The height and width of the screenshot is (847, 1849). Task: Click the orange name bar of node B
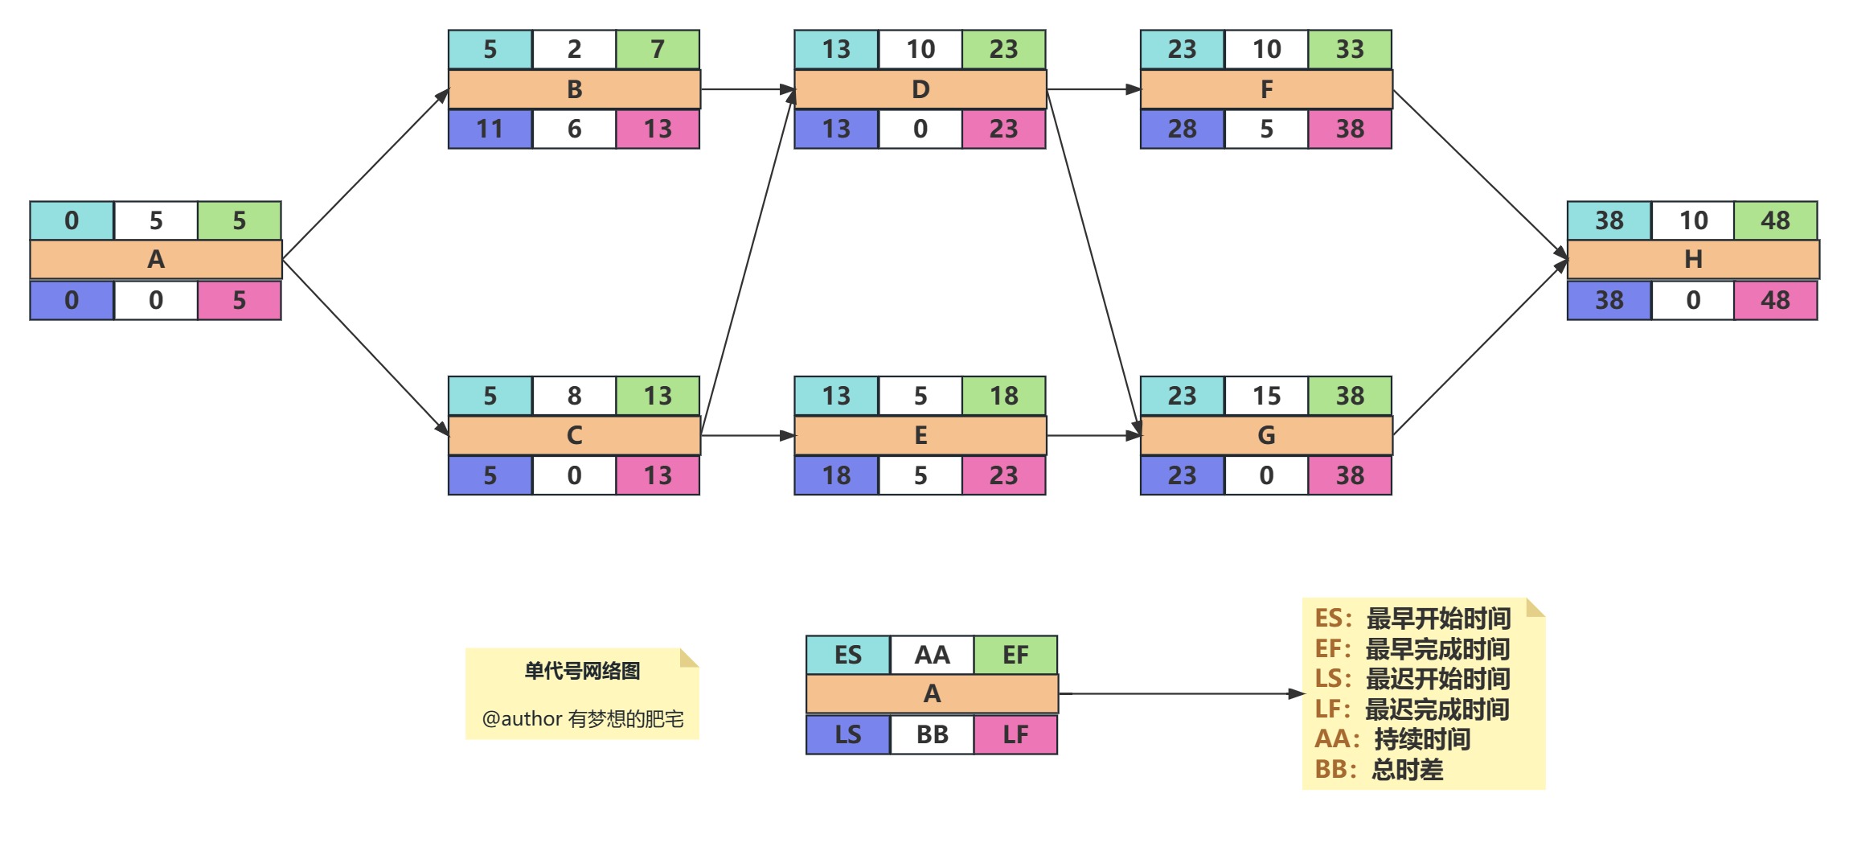point(574,89)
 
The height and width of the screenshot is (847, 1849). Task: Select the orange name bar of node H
point(1692,260)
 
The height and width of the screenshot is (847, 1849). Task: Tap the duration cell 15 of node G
point(1266,396)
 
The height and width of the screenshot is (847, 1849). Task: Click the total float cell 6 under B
point(574,130)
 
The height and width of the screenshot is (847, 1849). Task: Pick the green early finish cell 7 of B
point(658,50)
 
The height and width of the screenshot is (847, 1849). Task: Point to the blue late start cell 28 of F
point(1182,130)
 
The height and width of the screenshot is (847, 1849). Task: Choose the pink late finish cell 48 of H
point(1775,301)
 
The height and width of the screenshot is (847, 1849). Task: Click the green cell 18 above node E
point(1003,396)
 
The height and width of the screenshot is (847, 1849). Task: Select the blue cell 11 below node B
point(490,130)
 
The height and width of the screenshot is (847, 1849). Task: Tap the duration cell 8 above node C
point(574,396)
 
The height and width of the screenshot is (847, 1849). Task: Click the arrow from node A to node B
point(366,174)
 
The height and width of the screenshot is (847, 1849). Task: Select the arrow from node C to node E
point(748,435)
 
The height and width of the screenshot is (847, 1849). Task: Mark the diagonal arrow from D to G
point(1093,262)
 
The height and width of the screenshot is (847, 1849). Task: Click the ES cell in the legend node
point(847,655)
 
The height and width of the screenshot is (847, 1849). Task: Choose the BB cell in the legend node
point(932,734)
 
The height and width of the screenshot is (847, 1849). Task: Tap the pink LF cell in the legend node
point(1015,734)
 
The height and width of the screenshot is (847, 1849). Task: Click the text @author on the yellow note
point(522,718)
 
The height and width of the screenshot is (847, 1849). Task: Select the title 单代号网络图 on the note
point(582,671)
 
